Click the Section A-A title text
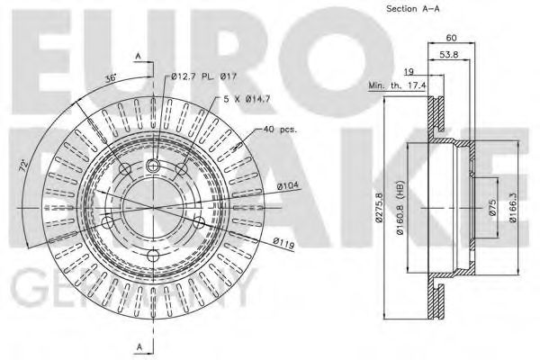[414, 9]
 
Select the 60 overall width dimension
[450, 39]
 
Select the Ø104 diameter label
[287, 185]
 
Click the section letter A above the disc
[139, 56]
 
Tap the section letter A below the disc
[139, 347]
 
